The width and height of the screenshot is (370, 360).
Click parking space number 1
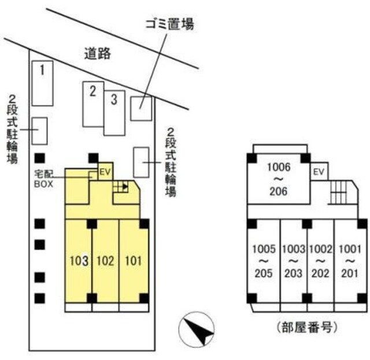tap(42, 83)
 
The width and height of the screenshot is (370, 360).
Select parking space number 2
tap(93, 104)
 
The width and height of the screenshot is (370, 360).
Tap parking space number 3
tap(114, 113)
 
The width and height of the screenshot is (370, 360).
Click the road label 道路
tap(98, 54)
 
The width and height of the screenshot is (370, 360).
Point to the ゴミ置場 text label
tap(170, 24)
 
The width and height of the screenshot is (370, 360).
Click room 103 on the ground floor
tap(79, 261)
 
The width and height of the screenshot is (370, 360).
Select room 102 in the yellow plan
tap(105, 261)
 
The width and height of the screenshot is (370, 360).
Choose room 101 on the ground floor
tap(134, 261)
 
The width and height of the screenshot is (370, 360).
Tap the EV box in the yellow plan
tap(105, 172)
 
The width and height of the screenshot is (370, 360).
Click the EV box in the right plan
tap(319, 172)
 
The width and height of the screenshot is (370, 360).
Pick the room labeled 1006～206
tap(279, 179)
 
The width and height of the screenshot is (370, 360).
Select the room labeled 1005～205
tap(264, 261)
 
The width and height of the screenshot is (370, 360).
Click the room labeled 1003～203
tap(294, 261)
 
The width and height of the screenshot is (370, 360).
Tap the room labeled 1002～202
tap(321, 261)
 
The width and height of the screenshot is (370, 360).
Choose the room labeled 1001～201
tap(350, 261)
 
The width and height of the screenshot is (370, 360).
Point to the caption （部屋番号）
tap(306, 327)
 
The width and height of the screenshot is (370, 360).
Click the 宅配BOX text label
tap(44, 179)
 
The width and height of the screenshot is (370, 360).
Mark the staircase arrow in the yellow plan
tap(121, 187)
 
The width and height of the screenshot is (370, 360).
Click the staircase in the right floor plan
tap(339, 192)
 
